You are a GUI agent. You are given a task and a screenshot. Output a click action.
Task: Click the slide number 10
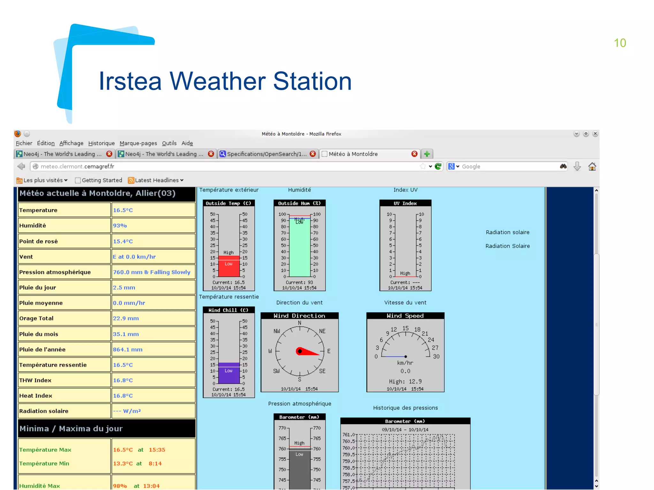620,43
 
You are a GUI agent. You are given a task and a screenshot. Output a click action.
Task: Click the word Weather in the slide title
217,81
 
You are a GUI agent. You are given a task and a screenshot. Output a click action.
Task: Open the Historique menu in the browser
101,143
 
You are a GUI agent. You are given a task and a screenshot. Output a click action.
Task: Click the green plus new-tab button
427,154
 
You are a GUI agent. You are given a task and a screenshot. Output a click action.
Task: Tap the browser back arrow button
21,166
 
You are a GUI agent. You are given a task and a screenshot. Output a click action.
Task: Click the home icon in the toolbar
592,166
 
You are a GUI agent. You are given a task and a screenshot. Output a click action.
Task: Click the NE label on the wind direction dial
322,331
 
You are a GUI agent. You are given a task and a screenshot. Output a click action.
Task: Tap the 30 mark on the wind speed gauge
436,356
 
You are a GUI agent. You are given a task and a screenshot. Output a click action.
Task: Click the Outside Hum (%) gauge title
299,203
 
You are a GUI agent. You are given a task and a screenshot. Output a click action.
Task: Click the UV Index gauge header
405,203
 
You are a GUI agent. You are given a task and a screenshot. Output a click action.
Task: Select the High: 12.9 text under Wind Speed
405,382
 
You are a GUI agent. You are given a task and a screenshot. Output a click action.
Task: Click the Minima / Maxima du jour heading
71,428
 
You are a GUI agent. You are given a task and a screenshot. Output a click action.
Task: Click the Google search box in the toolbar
508,167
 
